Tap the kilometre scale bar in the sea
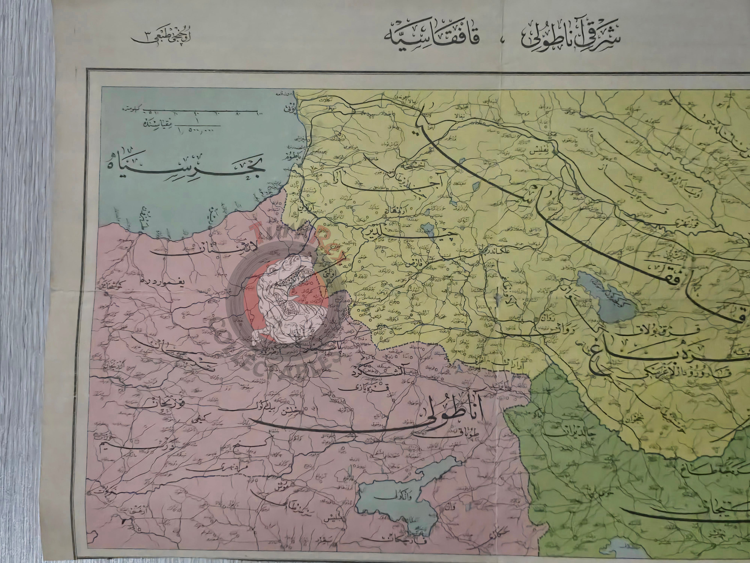tap(200, 111)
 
